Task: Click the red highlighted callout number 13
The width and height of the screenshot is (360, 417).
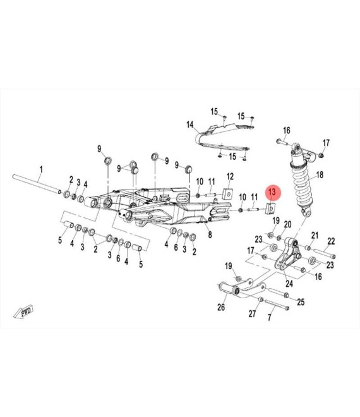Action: tap(272, 191)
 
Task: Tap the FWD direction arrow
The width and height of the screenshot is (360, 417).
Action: tap(23, 311)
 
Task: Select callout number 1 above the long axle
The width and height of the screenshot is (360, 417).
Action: tap(41, 169)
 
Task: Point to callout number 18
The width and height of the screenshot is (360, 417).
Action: tap(320, 175)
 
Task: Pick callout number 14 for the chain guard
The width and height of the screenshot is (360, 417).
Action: tap(190, 124)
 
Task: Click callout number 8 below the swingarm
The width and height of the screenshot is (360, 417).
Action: tap(210, 235)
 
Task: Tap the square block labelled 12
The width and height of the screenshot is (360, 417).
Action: tap(228, 193)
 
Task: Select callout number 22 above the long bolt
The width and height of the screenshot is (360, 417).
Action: tap(331, 241)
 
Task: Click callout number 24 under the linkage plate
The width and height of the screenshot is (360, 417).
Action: tap(289, 284)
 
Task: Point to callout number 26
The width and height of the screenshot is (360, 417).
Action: tap(221, 307)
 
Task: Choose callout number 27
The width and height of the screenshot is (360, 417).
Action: tap(253, 313)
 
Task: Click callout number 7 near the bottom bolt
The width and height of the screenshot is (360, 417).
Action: tap(269, 317)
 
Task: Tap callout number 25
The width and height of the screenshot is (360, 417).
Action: tap(301, 302)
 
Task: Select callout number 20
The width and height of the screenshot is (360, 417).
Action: tap(287, 224)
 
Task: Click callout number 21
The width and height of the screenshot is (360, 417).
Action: tap(315, 236)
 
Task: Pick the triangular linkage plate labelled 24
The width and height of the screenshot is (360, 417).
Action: tap(288, 254)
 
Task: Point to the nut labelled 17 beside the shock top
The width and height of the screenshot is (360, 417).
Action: tap(321, 155)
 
